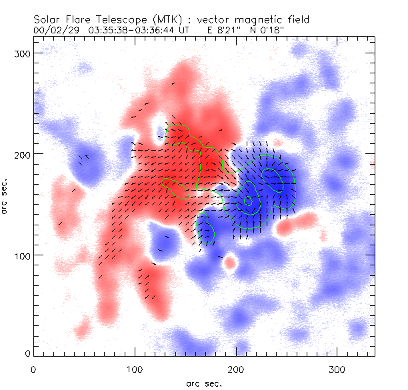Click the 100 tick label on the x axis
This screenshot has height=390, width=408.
click(x=135, y=368)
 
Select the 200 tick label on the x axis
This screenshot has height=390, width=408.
click(x=236, y=368)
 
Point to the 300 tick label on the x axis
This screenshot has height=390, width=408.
click(x=337, y=368)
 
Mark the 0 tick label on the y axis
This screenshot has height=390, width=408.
click(x=27, y=353)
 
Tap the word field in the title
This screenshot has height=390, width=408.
click(x=289, y=20)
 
